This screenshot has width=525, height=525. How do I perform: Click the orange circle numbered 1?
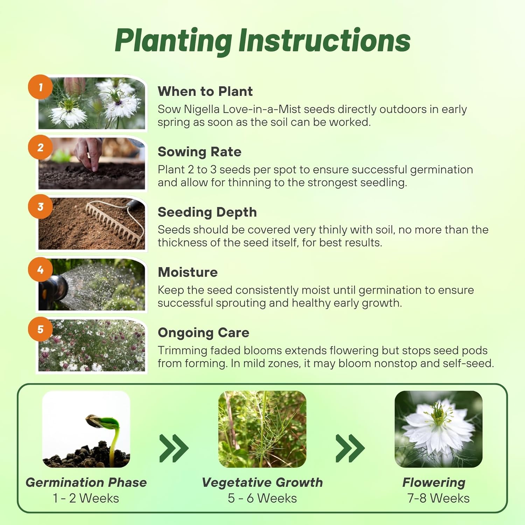click(x=41, y=87)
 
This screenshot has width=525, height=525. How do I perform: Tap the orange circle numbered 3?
click(x=41, y=206)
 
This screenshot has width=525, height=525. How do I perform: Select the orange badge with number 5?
click(x=41, y=329)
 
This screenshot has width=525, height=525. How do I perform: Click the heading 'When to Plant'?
click(x=205, y=91)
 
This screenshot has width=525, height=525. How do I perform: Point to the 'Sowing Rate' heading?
click(x=199, y=152)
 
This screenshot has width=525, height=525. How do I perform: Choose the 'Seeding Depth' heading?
click(x=207, y=212)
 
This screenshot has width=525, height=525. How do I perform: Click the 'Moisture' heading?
click(x=188, y=272)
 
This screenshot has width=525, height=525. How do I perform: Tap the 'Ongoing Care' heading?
click(x=203, y=332)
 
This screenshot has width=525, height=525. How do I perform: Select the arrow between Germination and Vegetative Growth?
click(x=174, y=448)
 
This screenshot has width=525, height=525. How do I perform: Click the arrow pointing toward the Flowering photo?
click(x=350, y=448)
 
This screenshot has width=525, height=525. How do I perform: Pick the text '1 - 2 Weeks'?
click(x=86, y=498)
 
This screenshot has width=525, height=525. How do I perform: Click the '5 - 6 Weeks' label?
click(x=262, y=498)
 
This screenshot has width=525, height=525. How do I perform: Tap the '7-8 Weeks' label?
click(x=438, y=498)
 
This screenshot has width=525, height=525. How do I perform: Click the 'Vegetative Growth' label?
click(x=262, y=482)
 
